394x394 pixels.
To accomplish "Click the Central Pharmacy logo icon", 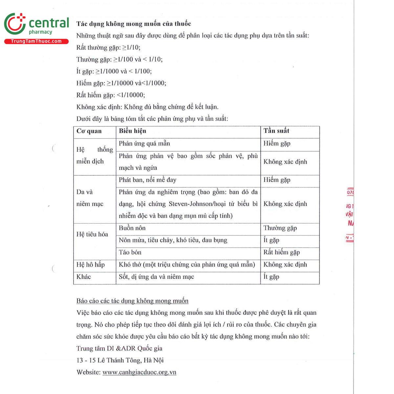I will click(14, 24).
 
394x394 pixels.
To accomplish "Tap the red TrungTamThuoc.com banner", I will click(36, 41).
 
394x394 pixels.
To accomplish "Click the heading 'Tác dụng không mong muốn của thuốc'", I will click(134, 24).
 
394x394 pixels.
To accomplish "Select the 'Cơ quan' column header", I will click(89, 131).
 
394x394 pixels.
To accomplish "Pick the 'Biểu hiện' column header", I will click(132, 131).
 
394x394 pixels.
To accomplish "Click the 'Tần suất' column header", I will click(276, 131).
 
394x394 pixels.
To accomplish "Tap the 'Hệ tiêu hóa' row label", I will click(92, 234).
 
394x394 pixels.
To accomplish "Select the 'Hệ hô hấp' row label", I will click(90, 265).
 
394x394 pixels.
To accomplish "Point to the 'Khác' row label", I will click(83, 277).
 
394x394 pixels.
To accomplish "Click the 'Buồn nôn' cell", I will click(132, 228).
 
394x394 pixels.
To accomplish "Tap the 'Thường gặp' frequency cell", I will click(280, 228).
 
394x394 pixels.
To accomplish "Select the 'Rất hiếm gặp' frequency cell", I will click(281, 252).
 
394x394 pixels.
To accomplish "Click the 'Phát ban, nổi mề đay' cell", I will click(147, 180).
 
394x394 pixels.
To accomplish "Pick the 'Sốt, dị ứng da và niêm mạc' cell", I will click(156, 277).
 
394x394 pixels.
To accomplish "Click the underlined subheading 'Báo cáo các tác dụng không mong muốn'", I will click(132, 301).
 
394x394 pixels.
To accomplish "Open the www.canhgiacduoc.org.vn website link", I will click(139, 372).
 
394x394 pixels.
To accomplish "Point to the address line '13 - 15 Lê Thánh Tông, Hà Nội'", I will click(120, 360).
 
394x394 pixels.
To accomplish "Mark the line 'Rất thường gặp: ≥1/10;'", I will click(108, 48).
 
